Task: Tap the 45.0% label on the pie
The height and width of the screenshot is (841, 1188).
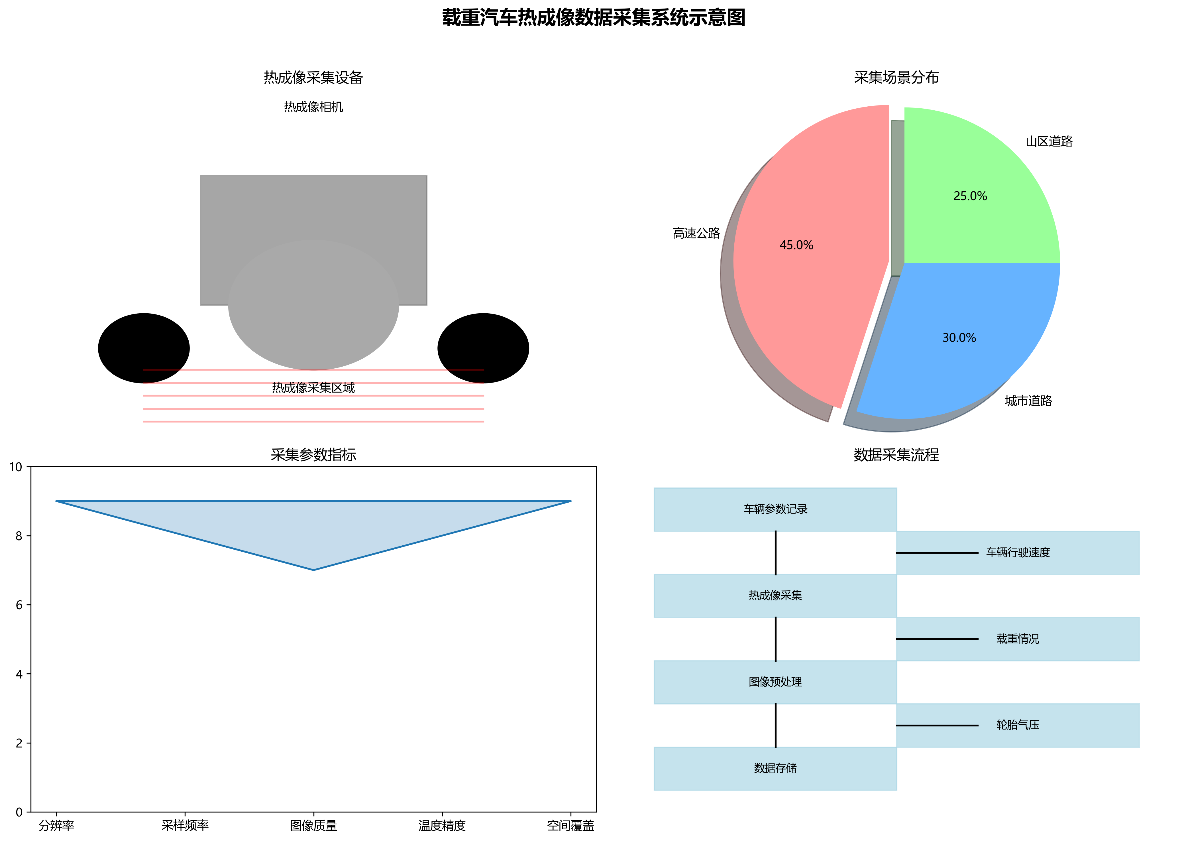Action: tap(796, 245)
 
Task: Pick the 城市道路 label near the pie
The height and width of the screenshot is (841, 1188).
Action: tap(1028, 401)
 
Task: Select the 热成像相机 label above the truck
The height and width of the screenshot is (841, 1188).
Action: tap(313, 107)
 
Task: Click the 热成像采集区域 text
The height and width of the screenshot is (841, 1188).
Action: tap(313, 388)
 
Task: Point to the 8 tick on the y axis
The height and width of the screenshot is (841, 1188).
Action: tap(19, 536)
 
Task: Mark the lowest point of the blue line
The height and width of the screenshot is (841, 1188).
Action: tap(313, 570)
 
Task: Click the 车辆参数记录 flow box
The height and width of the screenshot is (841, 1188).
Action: tap(775, 509)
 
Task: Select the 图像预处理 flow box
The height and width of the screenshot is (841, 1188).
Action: tap(775, 682)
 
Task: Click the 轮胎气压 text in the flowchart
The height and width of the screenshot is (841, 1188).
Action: tap(1018, 725)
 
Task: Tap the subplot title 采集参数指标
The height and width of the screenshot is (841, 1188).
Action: tap(313, 455)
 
